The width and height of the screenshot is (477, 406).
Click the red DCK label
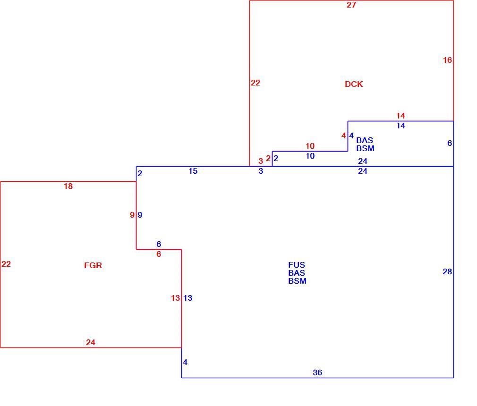point(353,84)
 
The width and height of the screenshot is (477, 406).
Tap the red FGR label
point(93,265)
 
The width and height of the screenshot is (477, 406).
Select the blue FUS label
point(297,265)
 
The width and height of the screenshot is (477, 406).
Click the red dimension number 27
point(351,5)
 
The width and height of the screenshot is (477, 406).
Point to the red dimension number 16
point(447,60)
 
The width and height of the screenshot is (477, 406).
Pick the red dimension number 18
point(68,186)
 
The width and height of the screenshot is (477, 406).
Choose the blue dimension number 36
point(317,372)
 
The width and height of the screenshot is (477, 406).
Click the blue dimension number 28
point(447,271)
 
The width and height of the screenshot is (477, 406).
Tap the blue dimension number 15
point(193,171)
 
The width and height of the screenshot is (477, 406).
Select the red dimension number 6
point(159,254)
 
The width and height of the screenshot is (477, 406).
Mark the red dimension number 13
point(175,298)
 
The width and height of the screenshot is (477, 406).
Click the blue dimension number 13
point(187,298)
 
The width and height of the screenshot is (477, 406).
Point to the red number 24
point(90,342)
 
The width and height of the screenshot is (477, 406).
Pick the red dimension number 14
point(400,116)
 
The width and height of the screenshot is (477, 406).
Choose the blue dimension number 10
point(310,156)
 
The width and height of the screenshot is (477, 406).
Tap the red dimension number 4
point(344,135)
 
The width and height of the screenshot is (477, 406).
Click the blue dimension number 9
point(140,215)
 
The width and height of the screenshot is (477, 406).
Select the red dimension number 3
point(260,161)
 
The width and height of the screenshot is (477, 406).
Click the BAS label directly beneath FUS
point(297,273)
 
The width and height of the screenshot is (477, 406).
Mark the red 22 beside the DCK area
point(255,83)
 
